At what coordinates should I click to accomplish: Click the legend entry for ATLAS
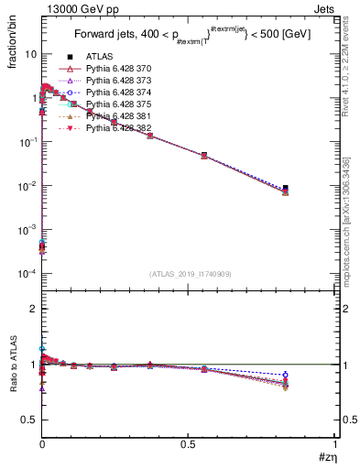point(98,57)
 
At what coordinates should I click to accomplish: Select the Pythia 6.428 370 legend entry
point(114,69)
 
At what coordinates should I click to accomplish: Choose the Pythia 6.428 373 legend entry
point(114,81)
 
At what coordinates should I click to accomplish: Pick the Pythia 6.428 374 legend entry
point(114,93)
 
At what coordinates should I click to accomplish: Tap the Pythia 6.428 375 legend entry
point(114,104)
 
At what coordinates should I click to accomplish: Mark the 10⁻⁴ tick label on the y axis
point(27,274)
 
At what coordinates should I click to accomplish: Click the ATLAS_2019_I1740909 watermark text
point(188,275)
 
